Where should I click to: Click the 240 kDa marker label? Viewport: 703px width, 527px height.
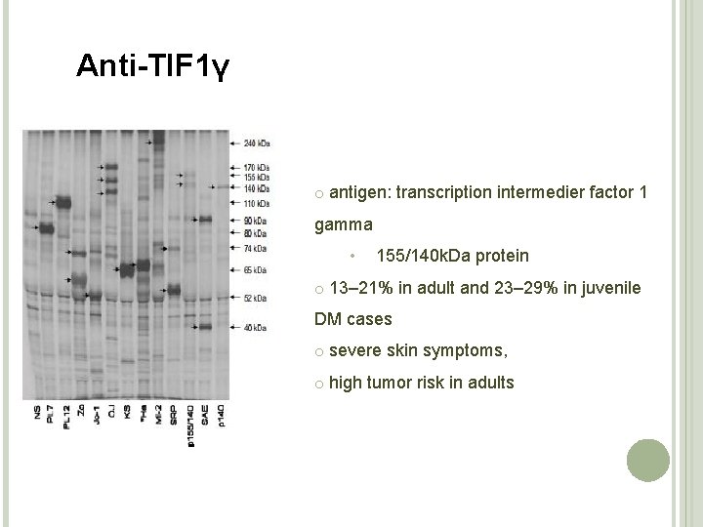pos(257,143)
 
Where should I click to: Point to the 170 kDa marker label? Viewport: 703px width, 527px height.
pos(256,169)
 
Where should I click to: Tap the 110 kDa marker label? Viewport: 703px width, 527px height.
pos(256,202)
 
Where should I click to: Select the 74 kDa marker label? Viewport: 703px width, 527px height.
pos(255,248)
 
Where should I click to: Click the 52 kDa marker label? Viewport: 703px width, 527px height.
pos(255,298)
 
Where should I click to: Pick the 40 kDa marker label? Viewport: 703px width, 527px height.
pos(255,328)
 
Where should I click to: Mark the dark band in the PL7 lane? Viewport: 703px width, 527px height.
pos(45,227)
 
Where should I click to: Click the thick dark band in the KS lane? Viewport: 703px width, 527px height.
pos(127,270)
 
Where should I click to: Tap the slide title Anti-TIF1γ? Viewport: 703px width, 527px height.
pos(153,66)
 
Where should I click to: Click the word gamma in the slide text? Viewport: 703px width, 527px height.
pos(343,224)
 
